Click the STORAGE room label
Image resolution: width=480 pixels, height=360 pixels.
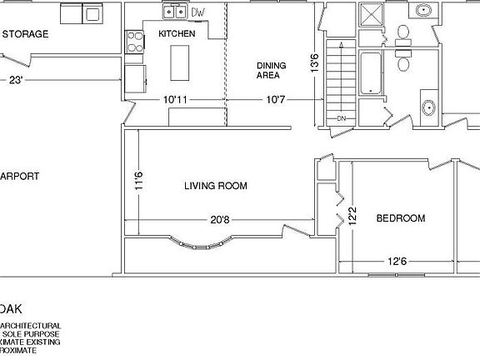pos(25,34)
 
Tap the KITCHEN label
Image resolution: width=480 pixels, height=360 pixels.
pos(177,34)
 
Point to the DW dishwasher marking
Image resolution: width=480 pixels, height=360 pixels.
pos(198,13)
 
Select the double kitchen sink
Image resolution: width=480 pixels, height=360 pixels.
pos(175,12)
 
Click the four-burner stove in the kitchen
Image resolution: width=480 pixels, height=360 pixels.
pos(133,42)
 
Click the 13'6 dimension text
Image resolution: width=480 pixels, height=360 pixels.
pos(314,62)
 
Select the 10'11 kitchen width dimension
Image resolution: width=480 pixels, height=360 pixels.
pos(175,99)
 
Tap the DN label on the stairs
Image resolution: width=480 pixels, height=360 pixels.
pos(341,118)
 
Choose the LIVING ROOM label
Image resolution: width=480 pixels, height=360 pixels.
pos(215,186)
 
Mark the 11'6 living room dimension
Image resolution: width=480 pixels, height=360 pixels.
pos(139,182)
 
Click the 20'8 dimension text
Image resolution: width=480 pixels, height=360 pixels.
pos(219,220)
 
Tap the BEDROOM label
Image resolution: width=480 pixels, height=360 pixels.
pos(400,219)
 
